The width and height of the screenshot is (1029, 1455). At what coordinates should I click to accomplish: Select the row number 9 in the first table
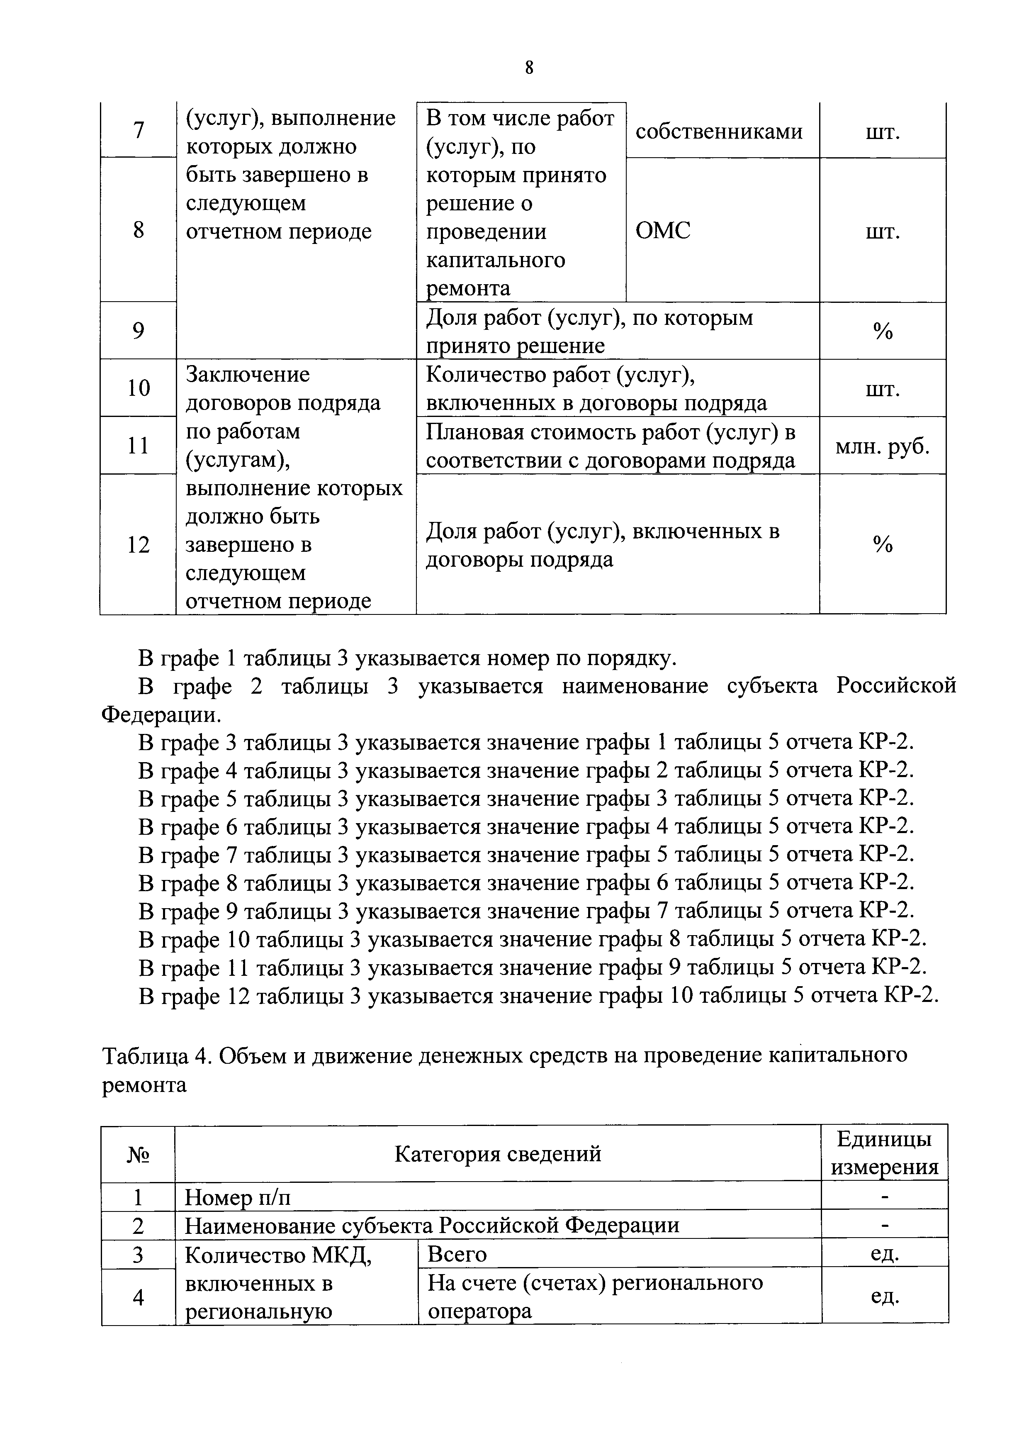tap(138, 331)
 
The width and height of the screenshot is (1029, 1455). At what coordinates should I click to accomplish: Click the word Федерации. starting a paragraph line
tap(162, 715)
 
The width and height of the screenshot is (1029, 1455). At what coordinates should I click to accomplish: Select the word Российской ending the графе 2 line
tap(895, 686)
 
